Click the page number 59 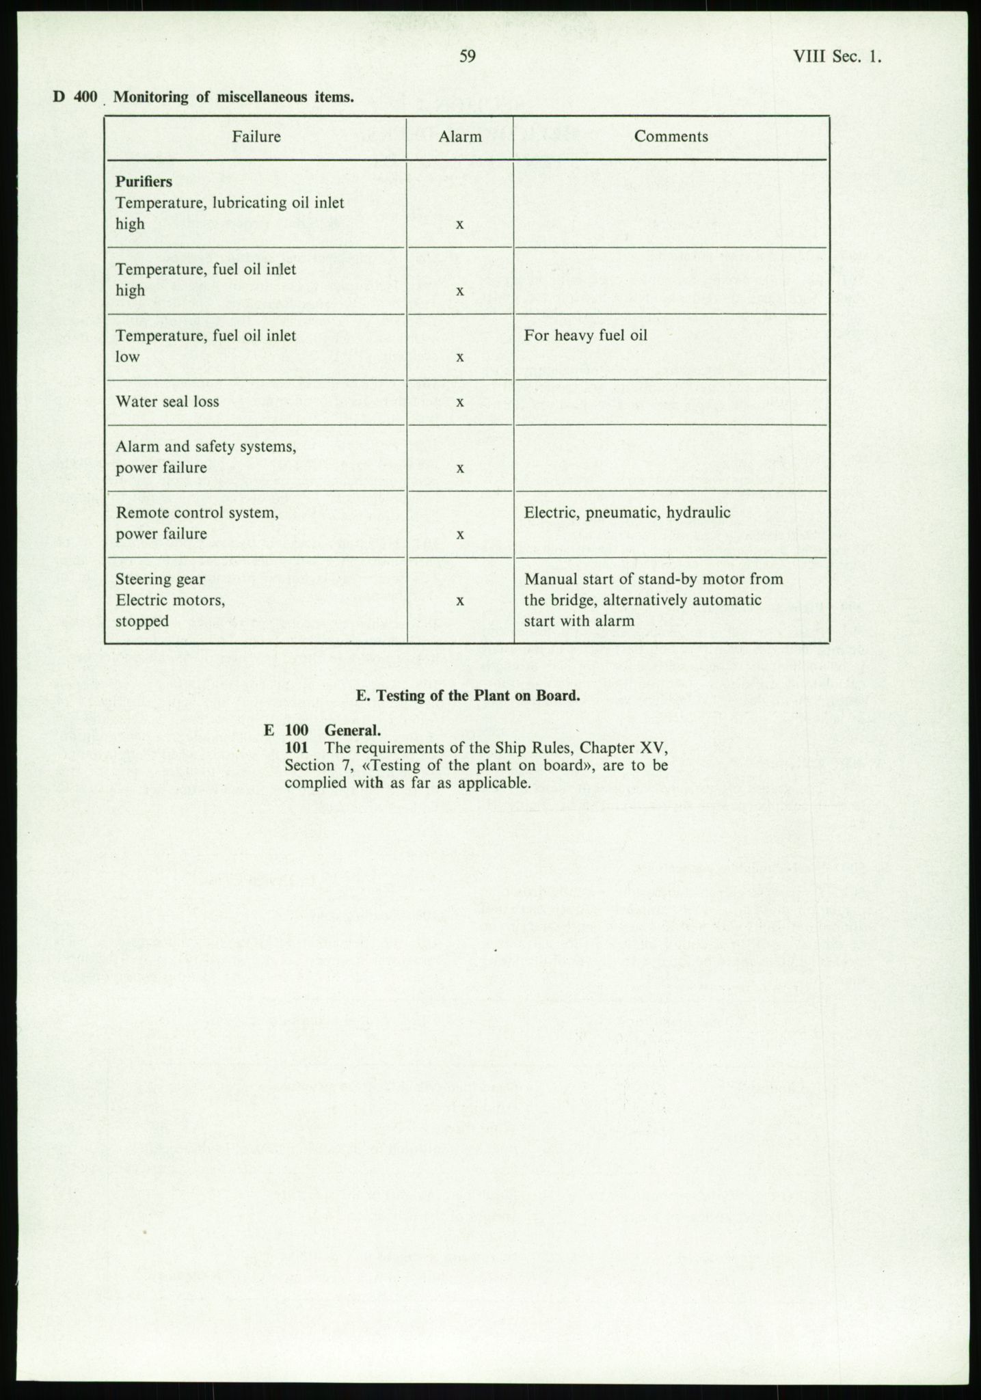click(468, 57)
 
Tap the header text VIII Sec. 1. click(837, 57)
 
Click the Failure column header click(256, 137)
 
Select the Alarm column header click(460, 137)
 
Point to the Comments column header click(671, 137)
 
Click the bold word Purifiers click(144, 182)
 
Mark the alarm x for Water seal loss click(460, 402)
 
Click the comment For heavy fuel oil click(586, 336)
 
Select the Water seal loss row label click(167, 402)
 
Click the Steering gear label click(161, 580)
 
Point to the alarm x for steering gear click(460, 601)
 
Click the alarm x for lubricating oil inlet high click(460, 224)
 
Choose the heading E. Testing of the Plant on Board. click(468, 696)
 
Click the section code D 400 click(76, 97)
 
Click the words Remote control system click(197, 513)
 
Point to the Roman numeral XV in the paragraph click(652, 748)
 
